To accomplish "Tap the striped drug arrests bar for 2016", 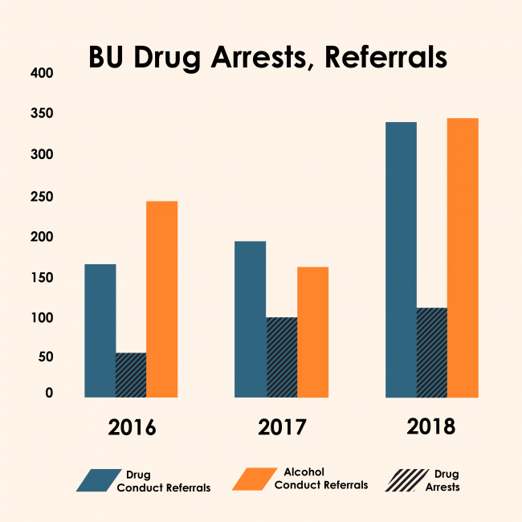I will click(x=131, y=375).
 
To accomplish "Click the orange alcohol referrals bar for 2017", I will click(x=312, y=332).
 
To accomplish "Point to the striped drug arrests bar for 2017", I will click(x=282, y=357).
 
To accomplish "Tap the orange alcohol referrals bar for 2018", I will click(x=463, y=257).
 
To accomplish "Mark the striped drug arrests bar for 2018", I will click(x=432, y=353).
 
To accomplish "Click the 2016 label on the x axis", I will click(x=133, y=426).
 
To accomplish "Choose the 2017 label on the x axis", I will click(x=283, y=426).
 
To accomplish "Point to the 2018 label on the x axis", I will click(x=431, y=426).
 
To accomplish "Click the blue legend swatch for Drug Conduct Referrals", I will click(x=96, y=480).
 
